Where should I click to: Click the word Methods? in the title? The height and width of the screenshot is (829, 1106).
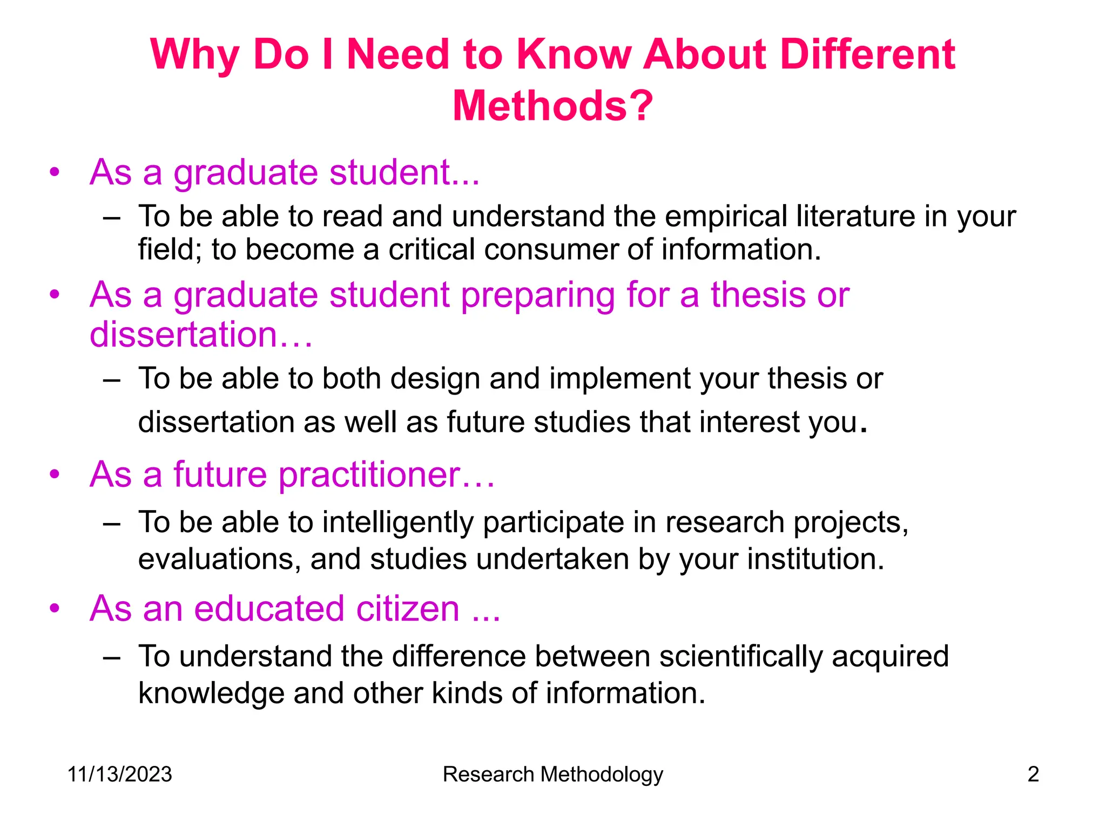tap(552, 106)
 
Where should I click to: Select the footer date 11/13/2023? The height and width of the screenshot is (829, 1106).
tap(119, 774)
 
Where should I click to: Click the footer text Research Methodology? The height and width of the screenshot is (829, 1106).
tap(552, 774)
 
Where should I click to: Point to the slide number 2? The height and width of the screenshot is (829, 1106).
tap(1033, 774)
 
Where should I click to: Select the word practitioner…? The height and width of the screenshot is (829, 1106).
tap(386, 475)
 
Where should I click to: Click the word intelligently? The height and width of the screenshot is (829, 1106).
tap(397, 522)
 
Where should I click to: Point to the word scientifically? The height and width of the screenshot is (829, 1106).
tap(740, 656)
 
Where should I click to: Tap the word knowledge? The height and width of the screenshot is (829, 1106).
tap(211, 693)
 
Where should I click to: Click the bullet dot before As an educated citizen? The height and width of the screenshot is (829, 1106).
tap(54, 608)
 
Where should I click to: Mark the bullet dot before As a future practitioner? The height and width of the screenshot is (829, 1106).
tap(54, 474)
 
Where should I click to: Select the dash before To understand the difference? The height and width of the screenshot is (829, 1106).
tap(111, 657)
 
